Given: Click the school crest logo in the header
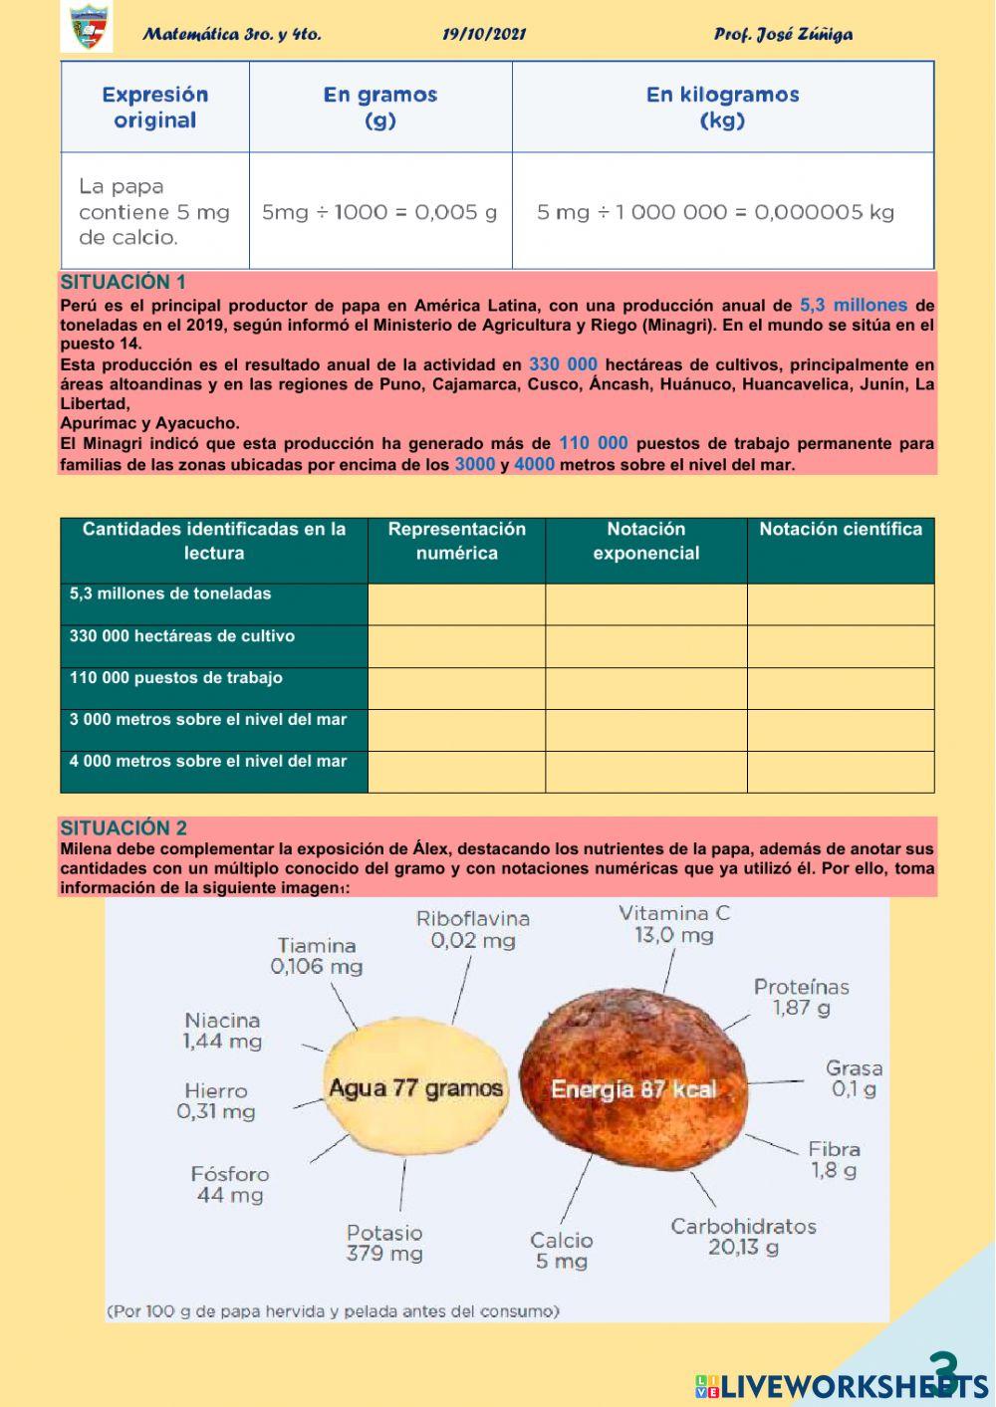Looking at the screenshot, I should (x=86, y=28).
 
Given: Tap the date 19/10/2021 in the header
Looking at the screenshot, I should (x=484, y=35).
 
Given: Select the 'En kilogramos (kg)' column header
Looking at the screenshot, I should (x=722, y=108).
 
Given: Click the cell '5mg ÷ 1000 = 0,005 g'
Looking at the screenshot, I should (x=379, y=212).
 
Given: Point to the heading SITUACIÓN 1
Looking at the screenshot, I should (x=123, y=282).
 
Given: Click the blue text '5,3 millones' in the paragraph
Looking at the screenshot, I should (x=854, y=306).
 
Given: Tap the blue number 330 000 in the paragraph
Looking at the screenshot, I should (x=563, y=364).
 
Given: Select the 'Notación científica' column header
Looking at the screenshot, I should (x=841, y=530).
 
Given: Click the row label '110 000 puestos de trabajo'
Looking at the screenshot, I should (x=176, y=678).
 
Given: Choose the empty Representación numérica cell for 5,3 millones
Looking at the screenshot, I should (x=456, y=604).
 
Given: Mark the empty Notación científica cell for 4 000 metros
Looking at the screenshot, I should (x=841, y=772).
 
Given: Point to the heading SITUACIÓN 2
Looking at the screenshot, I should (x=124, y=827).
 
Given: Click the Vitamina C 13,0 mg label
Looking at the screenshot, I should (x=674, y=924).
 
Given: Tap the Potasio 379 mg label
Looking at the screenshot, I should (x=384, y=1244).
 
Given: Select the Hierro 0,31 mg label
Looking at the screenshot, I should (x=216, y=1101).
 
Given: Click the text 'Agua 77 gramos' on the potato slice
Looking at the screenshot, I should (x=415, y=1088).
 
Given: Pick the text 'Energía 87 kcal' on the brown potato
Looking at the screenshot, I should (x=633, y=1089).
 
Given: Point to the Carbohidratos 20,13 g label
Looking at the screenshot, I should (x=743, y=1237).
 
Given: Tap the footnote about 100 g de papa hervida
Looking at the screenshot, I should (x=333, y=1311).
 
